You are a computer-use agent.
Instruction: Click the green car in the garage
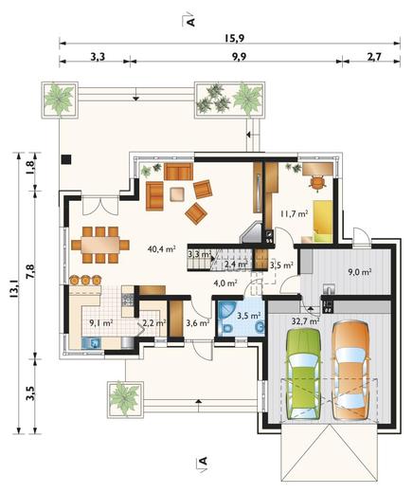302,374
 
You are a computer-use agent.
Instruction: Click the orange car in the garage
350,371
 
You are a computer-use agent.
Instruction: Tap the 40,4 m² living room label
161,248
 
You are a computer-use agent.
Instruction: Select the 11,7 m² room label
294,214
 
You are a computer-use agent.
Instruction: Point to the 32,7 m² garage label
305,321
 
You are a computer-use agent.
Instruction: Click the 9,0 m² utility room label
360,271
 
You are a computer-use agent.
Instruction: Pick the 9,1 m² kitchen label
101,323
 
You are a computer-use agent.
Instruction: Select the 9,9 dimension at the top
239,57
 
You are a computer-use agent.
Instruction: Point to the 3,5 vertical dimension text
31,393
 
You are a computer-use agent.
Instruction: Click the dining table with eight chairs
100,245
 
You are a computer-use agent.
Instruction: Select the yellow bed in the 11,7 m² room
323,221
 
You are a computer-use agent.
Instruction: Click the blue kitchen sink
92,343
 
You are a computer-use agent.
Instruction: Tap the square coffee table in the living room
178,194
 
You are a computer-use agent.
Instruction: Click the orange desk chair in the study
317,182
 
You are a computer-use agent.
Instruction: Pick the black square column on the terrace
66,159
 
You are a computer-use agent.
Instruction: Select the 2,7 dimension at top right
374,57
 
